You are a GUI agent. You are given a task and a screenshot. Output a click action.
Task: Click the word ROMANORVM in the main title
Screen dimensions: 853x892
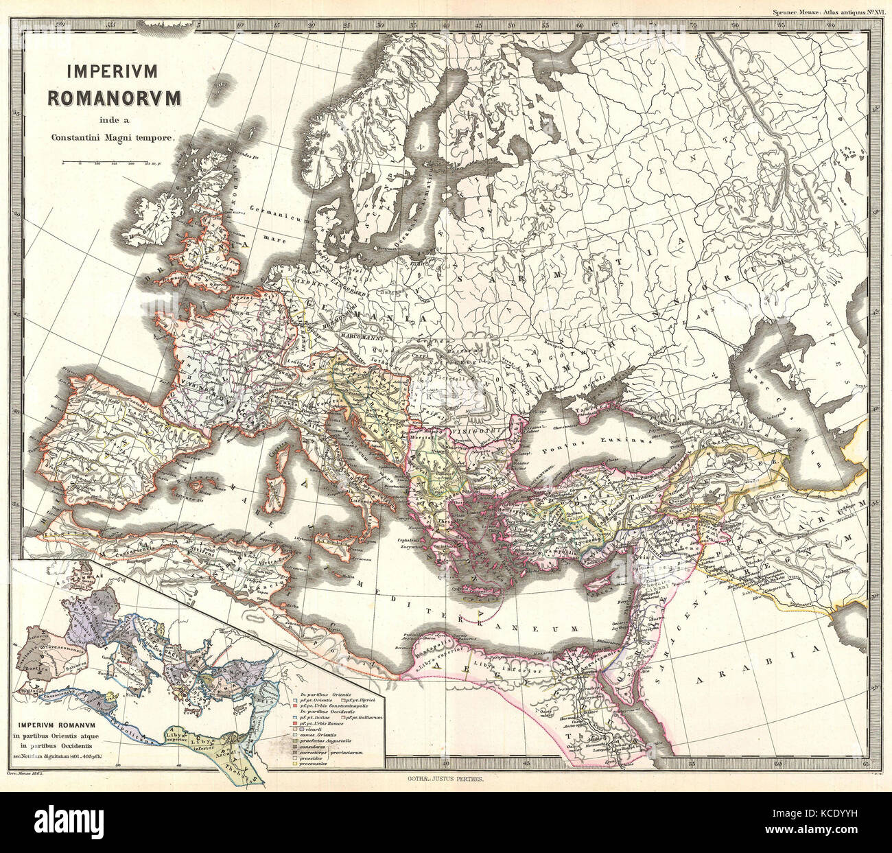click(114, 97)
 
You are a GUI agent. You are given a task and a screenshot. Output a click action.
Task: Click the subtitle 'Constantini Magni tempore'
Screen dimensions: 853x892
click(114, 137)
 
